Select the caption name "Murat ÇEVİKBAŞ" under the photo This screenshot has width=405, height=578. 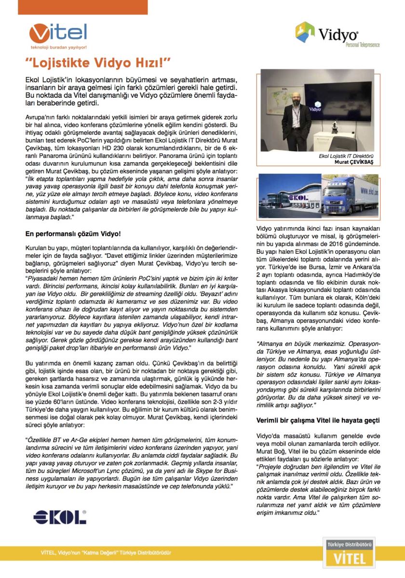pyautogui.click(x=357, y=162)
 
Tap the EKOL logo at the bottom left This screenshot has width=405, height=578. pyautogui.click(x=60, y=517)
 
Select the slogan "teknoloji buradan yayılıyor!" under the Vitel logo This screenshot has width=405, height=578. pyautogui.click(x=58, y=48)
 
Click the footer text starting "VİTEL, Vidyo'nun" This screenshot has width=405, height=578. pyautogui.click(x=106, y=553)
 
